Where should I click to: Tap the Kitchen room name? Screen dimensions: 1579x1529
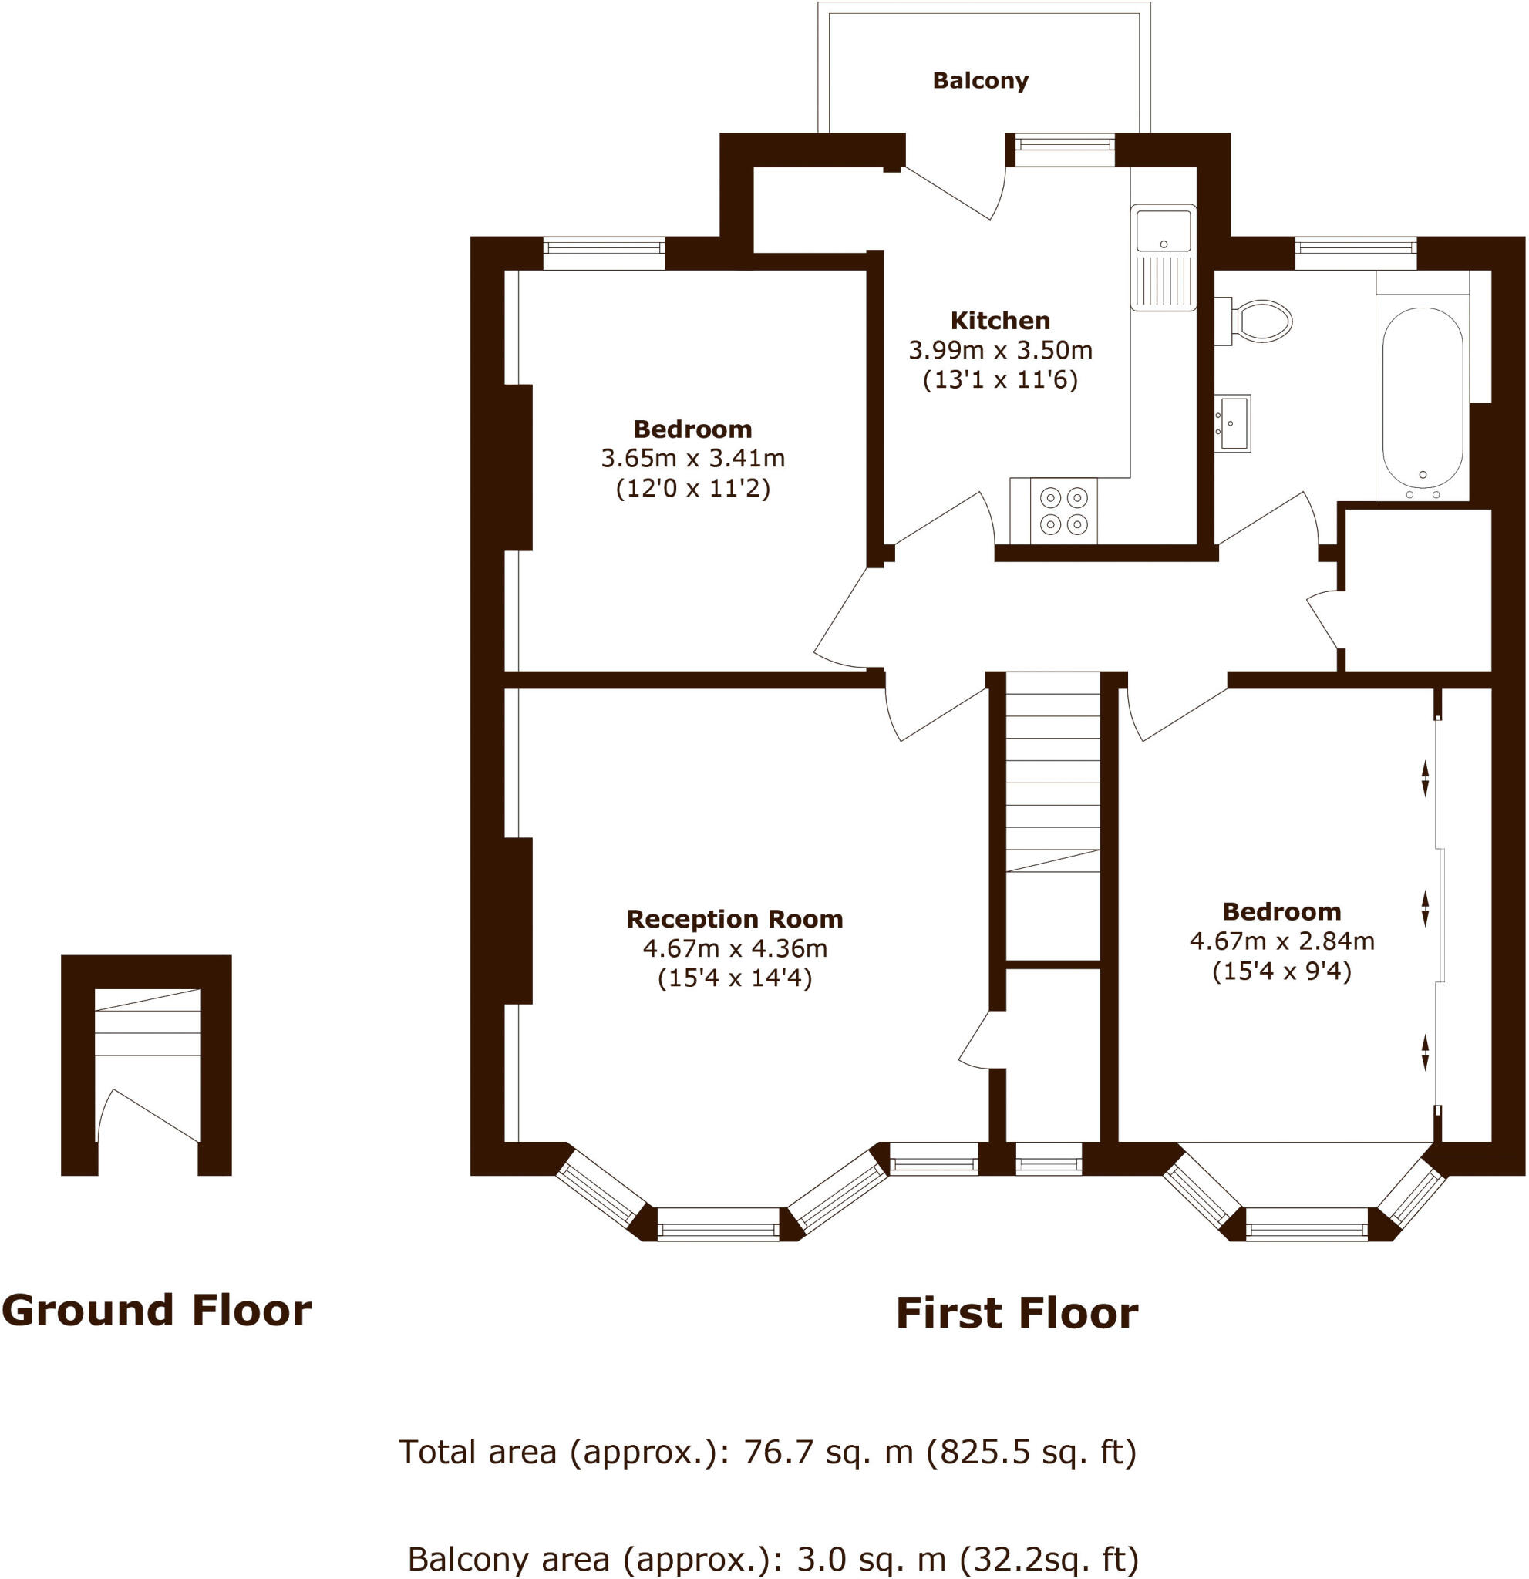point(1000,321)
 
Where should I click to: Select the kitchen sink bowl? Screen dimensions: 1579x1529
point(1163,231)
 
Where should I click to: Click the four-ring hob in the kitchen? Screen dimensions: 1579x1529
point(1063,510)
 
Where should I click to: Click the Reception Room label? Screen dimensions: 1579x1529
point(734,918)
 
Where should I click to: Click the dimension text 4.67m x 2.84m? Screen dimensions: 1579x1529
point(1281,941)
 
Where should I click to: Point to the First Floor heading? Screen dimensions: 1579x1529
point(1017,1313)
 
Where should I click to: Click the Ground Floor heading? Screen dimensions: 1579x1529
point(157,1310)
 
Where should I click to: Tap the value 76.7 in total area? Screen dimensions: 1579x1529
point(771,1452)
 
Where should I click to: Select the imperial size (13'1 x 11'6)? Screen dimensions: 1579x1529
point(1000,379)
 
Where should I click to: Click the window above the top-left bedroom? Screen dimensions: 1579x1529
point(604,253)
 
